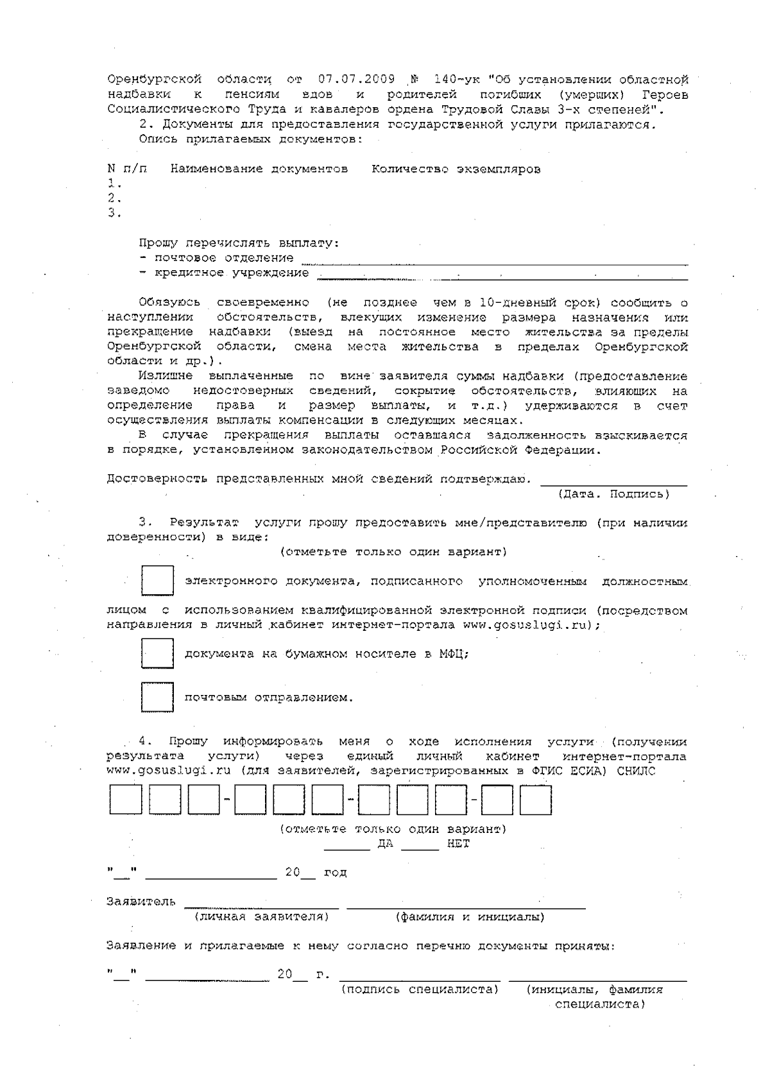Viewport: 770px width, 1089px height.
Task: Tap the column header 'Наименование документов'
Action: coord(259,169)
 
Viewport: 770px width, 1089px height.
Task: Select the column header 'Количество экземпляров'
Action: coord(456,169)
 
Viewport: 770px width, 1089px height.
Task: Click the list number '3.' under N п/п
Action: coord(114,213)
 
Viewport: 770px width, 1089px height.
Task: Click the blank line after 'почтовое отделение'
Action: coord(494,260)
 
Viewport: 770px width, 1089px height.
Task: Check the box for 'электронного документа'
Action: coord(157,581)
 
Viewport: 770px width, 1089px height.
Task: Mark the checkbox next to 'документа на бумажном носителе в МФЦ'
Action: coord(157,654)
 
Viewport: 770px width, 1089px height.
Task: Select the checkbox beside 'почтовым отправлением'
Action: coord(157,698)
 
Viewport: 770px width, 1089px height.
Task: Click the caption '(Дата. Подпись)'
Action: coord(613,494)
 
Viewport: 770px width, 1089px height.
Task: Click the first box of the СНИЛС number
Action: coord(125,800)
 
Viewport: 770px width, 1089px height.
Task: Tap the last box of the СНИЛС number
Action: coord(535,800)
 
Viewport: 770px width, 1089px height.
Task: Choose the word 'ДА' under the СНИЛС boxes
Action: coord(385,844)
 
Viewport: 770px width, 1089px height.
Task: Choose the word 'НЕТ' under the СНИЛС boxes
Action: coord(458,844)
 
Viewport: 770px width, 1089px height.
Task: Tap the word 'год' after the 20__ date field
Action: coord(335,873)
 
